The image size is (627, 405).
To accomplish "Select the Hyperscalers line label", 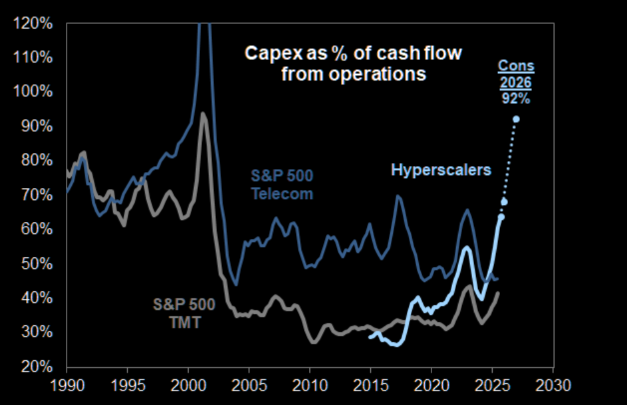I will [x=441, y=170].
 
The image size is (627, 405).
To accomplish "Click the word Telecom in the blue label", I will [x=281, y=194].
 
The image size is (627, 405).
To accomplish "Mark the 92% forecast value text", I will [x=517, y=99].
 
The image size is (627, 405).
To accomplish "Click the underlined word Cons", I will [x=517, y=66].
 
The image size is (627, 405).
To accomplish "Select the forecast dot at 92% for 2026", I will [x=516, y=119].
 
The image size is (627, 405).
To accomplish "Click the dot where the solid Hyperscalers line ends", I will [x=501, y=216].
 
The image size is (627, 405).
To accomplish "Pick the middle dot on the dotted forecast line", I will [x=504, y=202].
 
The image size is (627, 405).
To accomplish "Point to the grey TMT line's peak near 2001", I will [x=203, y=114].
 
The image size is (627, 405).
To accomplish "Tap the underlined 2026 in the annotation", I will [x=517, y=83].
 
